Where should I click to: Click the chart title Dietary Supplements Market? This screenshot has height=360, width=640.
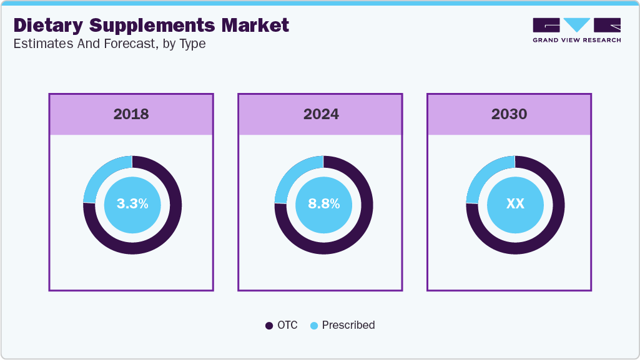[x=151, y=25]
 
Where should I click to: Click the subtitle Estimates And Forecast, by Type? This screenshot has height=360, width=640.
[x=109, y=44]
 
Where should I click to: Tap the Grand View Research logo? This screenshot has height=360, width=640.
[x=576, y=30]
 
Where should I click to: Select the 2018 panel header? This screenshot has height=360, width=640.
[x=131, y=114]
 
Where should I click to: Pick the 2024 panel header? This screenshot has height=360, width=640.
[x=320, y=114]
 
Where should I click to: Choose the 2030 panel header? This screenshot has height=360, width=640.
[x=509, y=114]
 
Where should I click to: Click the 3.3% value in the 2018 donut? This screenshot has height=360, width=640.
[x=132, y=204]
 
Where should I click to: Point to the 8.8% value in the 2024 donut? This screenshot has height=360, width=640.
[x=323, y=204]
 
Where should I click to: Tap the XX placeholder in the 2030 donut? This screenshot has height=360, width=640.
[x=515, y=204]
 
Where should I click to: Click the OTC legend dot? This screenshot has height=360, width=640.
[x=269, y=326]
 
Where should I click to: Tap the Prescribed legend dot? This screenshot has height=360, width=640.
[x=314, y=326]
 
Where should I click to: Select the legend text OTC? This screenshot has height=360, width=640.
[x=288, y=325]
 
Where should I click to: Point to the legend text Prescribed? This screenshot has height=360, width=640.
[x=348, y=325]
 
